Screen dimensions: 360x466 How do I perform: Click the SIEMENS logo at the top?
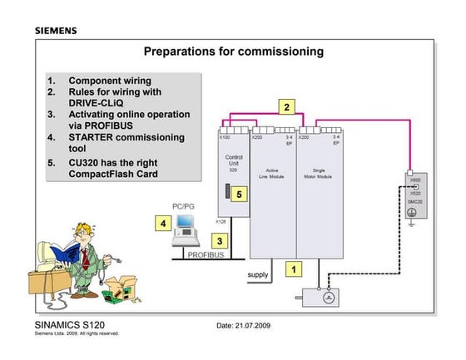coord(56,31)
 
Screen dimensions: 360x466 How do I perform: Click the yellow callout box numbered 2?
coord(286,106)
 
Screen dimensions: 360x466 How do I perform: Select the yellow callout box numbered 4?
coord(164,223)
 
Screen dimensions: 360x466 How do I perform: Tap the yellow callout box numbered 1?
coord(292,269)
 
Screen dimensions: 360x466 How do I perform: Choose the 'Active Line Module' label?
coord(271,172)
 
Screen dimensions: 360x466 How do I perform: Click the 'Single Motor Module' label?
coord(318,172)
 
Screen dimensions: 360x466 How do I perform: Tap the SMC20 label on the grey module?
coord(414,203)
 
